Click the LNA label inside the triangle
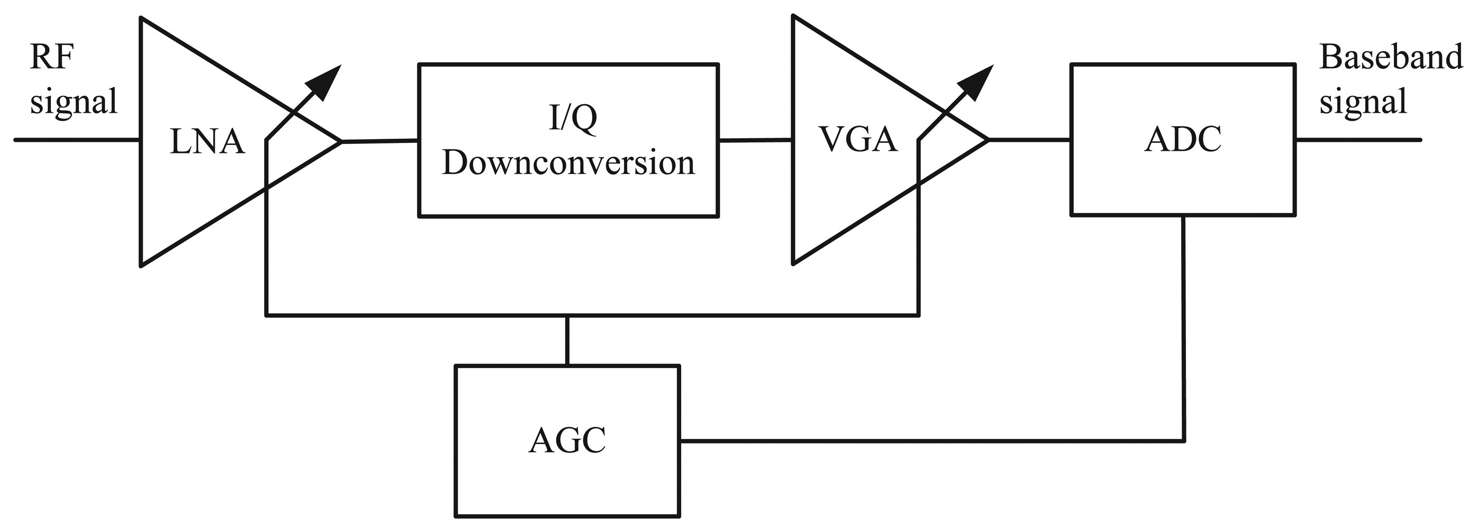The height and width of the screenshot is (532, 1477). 207,141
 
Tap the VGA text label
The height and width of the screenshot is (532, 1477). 858,139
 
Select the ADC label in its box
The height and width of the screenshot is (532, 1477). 1182,139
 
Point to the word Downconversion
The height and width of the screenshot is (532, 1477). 568,163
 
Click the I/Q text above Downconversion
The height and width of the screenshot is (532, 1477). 572,118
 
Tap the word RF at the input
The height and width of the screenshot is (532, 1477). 52,57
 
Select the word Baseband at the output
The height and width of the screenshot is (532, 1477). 1390,57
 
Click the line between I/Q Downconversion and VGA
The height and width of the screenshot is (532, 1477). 755,139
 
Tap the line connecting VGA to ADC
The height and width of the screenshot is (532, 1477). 1029,139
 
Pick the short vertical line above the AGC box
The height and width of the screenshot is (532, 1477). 567,340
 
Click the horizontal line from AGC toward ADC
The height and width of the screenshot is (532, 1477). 929,441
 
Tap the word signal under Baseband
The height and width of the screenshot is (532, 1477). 1363,102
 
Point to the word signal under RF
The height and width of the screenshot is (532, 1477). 74,102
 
